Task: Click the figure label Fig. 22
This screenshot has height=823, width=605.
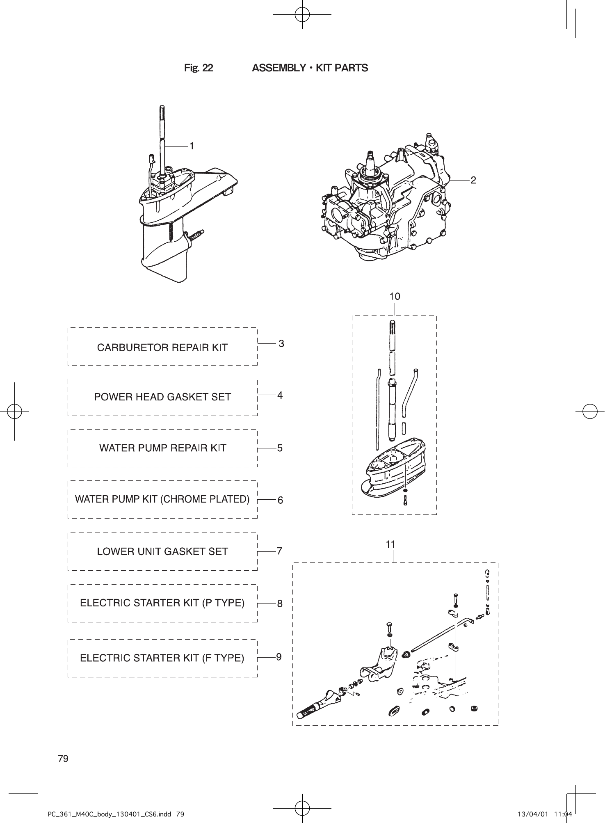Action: pos(199,68)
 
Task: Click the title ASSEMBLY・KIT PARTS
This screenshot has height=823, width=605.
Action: pos(310,68)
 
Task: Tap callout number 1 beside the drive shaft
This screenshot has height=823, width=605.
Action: pos(192,146)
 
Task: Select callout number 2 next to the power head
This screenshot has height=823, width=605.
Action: pos(473,180)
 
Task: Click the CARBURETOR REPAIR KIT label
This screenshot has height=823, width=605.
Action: pos(162,347)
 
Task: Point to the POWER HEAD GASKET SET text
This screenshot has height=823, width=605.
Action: pos(162,397)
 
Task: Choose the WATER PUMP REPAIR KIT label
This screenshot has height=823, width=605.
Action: pos(162,448)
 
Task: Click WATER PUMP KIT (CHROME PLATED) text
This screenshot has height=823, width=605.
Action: pos(162,499)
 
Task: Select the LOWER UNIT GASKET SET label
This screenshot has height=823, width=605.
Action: pos(162,552)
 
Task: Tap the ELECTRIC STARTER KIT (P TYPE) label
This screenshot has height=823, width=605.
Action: pos(162,603)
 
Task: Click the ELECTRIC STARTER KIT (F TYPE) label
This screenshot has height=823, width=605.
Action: pos(162,658)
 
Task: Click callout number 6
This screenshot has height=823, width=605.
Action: pos(280,500)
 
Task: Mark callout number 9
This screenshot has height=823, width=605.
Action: pos(279,657)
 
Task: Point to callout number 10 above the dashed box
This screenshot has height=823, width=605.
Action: pos(395,296)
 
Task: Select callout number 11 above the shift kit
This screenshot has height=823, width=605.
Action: pos(390,544)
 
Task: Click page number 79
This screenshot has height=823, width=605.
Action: pos(63,759)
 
